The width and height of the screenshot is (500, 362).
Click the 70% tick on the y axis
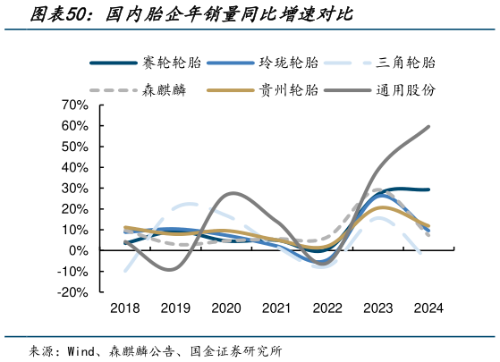pyautogui.click(x=75, y=105)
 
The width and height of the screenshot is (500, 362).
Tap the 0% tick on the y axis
pyautogui.click(x=79, y=251)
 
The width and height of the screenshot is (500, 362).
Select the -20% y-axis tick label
pyautogui.click(x=73, y=292)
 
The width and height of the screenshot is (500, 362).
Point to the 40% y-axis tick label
pyautogui.click(x=75, y=168)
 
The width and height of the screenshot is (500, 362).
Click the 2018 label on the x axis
pyautogui.click(x=125, y=307)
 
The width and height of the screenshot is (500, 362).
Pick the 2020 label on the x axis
pyautogui.click(x=226, y=307)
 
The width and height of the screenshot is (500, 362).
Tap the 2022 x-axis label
pyautogui.click(x=327, y=307)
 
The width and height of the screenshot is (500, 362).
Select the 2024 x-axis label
pyautogui.click(x=428, y=307)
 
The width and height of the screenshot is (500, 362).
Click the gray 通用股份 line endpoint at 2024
pyautogui.click(x=428, y=127)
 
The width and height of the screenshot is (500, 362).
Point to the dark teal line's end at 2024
pyautogui.click(x=428, y=189)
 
